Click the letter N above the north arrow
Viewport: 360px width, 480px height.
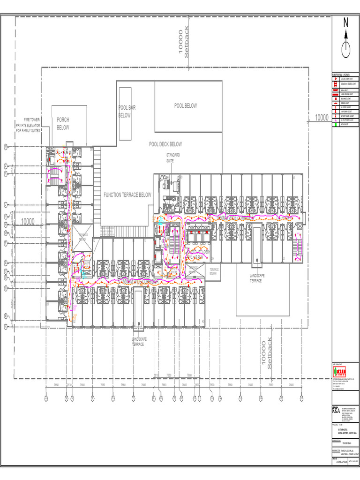point(346,22)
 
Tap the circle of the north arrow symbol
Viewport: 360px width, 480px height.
point(346,49)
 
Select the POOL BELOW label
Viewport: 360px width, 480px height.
point(186,106)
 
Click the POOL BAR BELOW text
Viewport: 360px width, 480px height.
point(127,112)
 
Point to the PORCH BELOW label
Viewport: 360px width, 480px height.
point(63,124)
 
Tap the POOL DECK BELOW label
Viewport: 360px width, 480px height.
point(165,144)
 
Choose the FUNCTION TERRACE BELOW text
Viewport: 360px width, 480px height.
point(127,195)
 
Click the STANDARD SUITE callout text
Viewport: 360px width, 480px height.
point(173,157)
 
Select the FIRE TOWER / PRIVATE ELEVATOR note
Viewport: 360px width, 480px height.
point(29,125)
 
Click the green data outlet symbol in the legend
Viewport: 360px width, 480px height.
point(335,124)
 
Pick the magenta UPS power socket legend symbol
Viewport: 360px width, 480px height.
point(335,120)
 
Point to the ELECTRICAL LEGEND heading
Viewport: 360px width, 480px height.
point(341,75)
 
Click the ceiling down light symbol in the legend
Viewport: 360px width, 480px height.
point(335,79)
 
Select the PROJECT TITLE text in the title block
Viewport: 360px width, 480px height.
point(338,425)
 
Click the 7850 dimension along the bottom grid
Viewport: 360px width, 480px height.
point(56,385)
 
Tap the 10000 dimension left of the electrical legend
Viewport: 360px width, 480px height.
point(322,117)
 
